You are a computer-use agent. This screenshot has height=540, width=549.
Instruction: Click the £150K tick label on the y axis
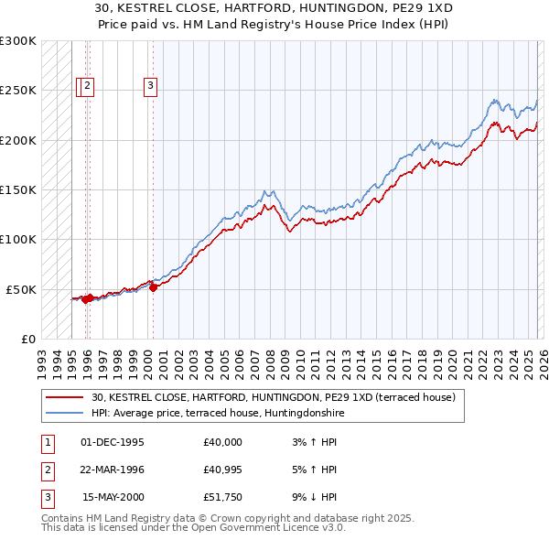click(17, 190)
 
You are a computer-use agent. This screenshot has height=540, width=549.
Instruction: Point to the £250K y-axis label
click(17, 91)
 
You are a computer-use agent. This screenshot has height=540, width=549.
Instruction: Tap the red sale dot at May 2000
click(153, 287)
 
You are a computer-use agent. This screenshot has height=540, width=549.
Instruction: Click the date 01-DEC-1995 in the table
click(113, 442)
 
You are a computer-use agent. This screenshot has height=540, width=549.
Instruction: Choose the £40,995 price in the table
click(223, 470)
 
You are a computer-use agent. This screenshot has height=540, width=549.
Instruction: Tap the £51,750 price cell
click(223, 497)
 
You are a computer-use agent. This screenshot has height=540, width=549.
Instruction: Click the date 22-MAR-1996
click(113, 470)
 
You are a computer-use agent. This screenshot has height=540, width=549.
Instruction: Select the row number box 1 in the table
click(46, 442)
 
